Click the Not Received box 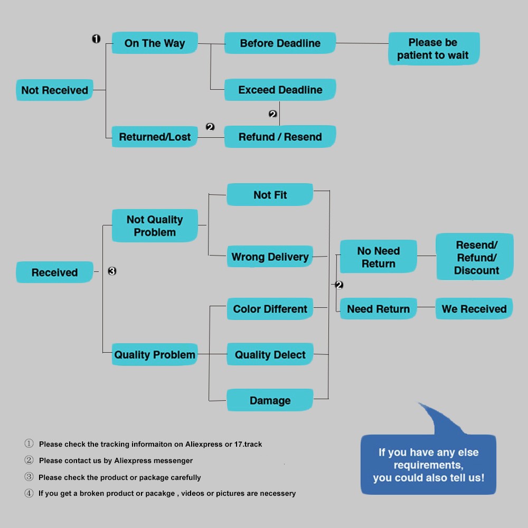[54, 90]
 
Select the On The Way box [155, 43]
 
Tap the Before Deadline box [280, 43]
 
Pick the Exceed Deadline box [280, 90]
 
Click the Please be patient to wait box [433, 49]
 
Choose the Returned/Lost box [155, 137]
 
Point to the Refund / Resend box [280, 137]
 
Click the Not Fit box [270, 195]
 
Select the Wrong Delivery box [270, 257]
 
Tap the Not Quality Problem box [155, 226]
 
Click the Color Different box [270, 309]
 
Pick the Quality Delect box [270, 355]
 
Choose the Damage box [270, 400]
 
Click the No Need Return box [378, 257]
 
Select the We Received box [474, 309]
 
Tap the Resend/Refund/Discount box [475, 257]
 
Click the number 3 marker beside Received [112, 271]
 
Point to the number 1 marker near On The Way [96, 39]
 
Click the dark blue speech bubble [428, 465]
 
